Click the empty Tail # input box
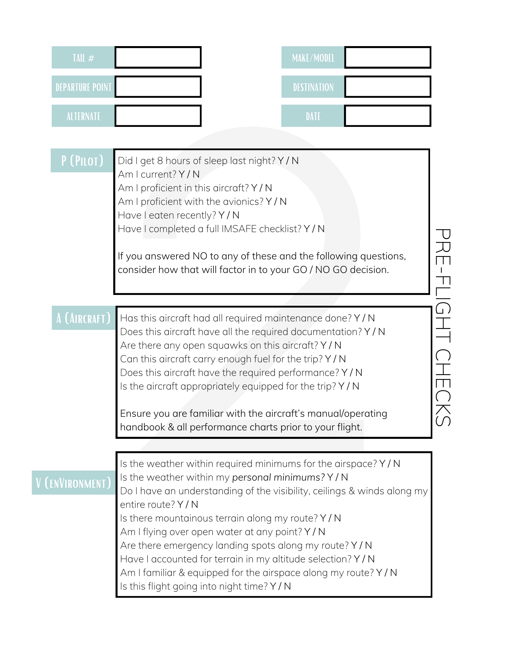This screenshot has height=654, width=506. click(x=158, y=58)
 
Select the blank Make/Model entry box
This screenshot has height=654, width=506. click(x=388, y=58)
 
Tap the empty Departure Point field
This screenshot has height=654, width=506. click(x=158, y=87)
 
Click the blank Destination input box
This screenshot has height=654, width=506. click(x=388, y=87)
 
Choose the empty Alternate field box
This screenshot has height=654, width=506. click(x=158, y=116)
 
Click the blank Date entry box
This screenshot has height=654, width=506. click(x=388, y=116)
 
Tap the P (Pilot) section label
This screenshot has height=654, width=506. click(x=82, y=161)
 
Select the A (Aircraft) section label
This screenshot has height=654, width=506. click(x=83, y=318)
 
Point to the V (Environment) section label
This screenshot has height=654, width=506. click(x=73, y=483)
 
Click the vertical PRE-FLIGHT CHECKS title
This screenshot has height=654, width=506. click(x=443, y=327)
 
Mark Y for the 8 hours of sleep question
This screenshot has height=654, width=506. click(x=281, y=161)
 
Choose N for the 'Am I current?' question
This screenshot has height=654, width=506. click(x=196, y=175)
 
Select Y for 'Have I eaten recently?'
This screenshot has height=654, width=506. click(x=222, y=215)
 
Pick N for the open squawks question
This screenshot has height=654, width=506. click(x=338, y=346)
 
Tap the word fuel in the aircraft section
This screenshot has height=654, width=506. click(x=262, y=359)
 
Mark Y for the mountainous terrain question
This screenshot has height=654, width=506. click(x=323, y=518)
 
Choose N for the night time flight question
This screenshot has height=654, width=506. click(x=288, y=587)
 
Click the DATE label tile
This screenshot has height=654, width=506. click(x=313, y=116)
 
